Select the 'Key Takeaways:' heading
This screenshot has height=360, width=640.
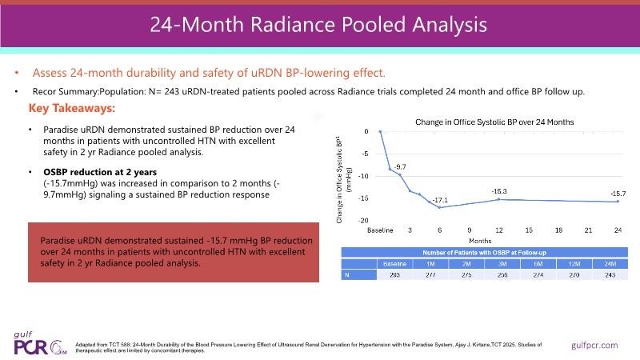(x=72, y=108)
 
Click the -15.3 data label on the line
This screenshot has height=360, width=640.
(x=499, y=190)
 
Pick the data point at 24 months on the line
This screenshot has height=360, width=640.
(x=618, y=201)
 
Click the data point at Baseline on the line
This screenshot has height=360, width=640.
(x=380, y=131)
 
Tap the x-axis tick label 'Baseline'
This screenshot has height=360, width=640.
(x=380, y=230)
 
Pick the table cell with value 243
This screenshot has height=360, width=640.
(x=614, y=274)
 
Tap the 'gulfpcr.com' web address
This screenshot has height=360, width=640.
(x=596, y=344)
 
